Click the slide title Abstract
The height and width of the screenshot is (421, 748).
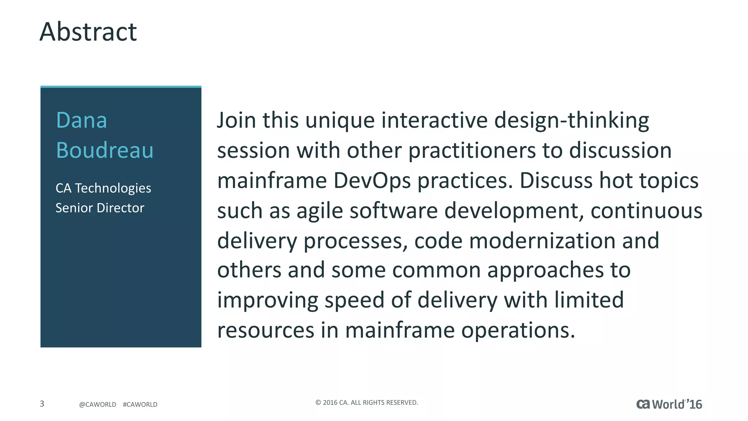tap(88, 32)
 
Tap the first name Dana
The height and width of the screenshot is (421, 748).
tap(81, 120)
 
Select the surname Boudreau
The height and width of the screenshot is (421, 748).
tap(104, 150)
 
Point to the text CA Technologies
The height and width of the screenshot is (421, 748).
tap(103, 188)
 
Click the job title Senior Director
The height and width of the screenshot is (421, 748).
tap(100, 208)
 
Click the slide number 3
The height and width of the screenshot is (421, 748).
tap(42, 404)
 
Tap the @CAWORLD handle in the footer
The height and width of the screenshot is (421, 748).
tap(98, 405)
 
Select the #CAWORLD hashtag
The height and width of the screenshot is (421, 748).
tap(140, 405)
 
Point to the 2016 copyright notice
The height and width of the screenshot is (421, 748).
tap(366, 402)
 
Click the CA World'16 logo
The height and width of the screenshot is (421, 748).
tap(669, 404)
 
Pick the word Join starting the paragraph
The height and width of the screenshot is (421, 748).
tap(236, 120)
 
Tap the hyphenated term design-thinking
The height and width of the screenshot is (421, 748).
tap(572, 121)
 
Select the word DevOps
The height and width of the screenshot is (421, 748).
tap(372, 181)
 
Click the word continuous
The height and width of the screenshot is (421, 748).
tap(646, 211)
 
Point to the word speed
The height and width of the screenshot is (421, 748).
tap(354, 301)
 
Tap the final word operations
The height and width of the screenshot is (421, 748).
tap(518, 331)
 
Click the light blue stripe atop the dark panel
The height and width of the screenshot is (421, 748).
tap(121, 87)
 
